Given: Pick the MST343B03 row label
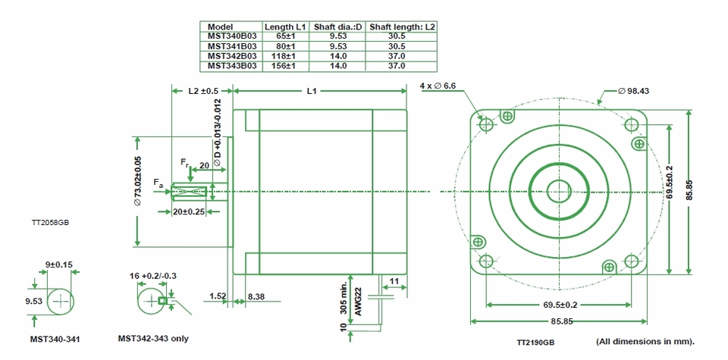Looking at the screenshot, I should [x=232, y=66].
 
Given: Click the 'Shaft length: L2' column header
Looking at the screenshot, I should [x=402, y=27].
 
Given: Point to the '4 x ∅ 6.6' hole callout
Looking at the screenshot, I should [x=438, y=86].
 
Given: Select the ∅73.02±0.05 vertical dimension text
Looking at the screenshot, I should [x=138, y=181].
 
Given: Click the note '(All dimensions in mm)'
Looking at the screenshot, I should [x=645, y=340].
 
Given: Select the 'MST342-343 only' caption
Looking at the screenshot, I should [x=153, y=339].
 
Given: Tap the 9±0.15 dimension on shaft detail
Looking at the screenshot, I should [x=58, y=265].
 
